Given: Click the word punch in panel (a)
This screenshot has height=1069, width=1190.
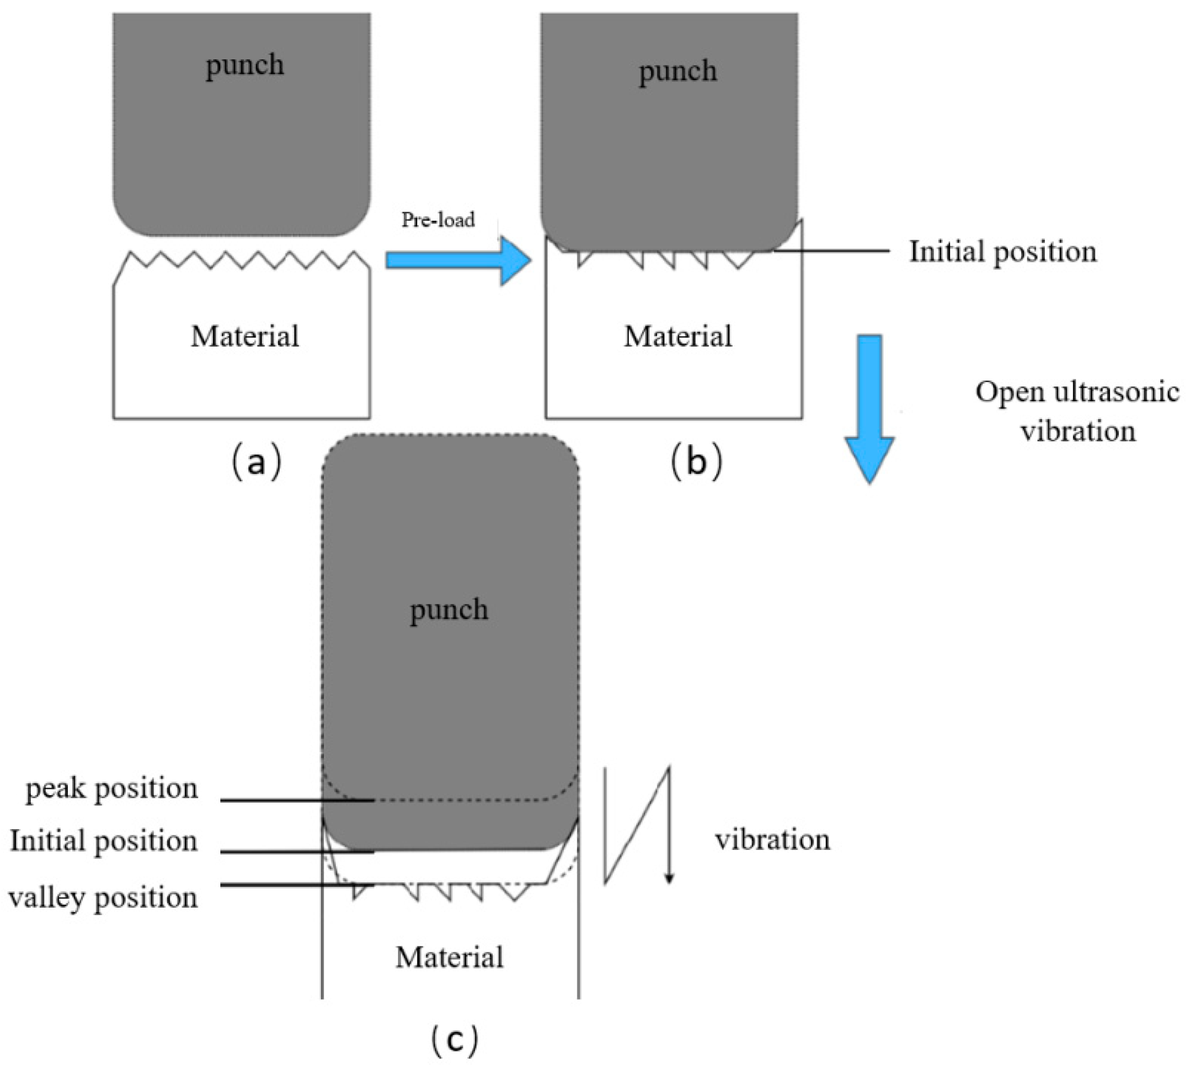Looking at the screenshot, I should click(x=244, y=64).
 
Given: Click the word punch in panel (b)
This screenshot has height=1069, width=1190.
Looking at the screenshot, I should click(x=678, y=71).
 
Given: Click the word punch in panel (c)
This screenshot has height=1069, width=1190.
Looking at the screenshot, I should click(x=449, y=609).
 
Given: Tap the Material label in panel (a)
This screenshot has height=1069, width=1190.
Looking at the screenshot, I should click(x=244, y=337).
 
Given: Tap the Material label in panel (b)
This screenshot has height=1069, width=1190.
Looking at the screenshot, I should click(x=678, y=337).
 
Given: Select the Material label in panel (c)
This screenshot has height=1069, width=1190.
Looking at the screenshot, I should click(x=449, y=958).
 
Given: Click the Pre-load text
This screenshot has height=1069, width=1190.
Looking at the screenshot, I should click(x=438, y=220).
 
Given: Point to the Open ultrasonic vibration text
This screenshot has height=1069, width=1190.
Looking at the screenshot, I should click(x=1077, y=411).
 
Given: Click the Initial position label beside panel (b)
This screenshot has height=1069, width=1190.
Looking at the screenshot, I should click(x=1003, y=252).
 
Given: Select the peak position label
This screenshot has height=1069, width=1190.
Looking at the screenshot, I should click(x=112, y=788).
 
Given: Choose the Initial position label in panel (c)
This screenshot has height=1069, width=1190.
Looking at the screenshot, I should click(x=104, y=841).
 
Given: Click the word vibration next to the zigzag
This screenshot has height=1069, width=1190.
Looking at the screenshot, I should click(x=772, y=839).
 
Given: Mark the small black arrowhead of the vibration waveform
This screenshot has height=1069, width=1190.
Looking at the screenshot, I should click(x=669, y=879).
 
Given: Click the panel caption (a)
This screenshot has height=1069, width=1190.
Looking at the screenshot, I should click(x=257, y=463).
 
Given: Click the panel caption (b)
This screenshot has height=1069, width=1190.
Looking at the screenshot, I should click(x=696, y=463).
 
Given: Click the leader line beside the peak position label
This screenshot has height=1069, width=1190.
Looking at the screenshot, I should click(x=297, y=800).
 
